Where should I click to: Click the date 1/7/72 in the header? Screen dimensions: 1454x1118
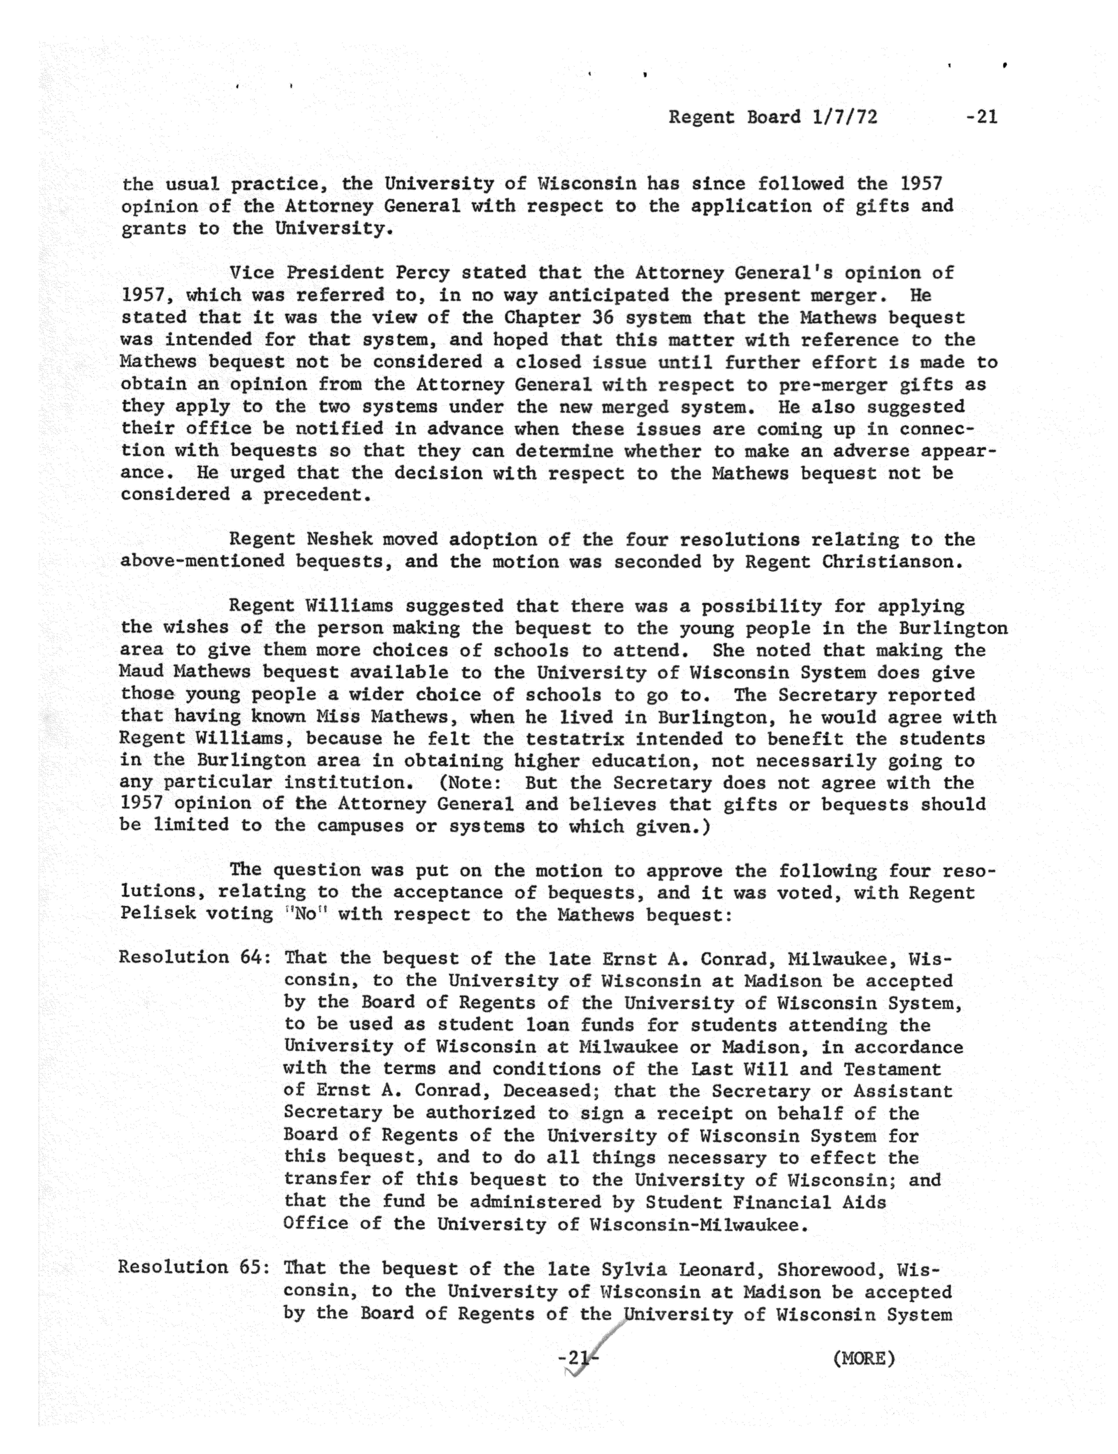844,118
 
